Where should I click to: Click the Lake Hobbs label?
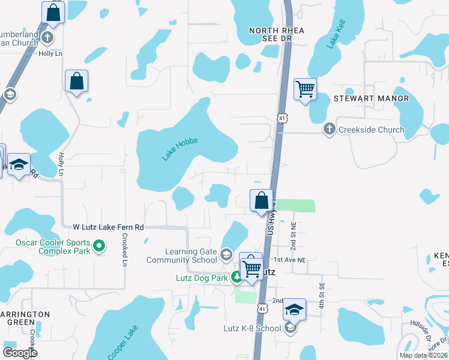(x=179, y=149)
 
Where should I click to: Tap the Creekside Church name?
(x=372, y=130)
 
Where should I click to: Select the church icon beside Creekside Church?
(x=329, y=129)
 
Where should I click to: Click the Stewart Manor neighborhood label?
(x=372, y=98)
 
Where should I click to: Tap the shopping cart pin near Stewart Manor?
(x=305, y=89)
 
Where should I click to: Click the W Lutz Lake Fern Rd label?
(x=108, y=227)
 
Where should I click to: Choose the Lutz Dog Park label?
(x=202, y=278)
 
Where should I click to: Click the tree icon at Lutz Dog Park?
(x=237, y=277)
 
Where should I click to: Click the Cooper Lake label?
(x=123, y=340)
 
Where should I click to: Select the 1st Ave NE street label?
(x=291, y=260)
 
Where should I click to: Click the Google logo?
(x=20, y=352)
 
